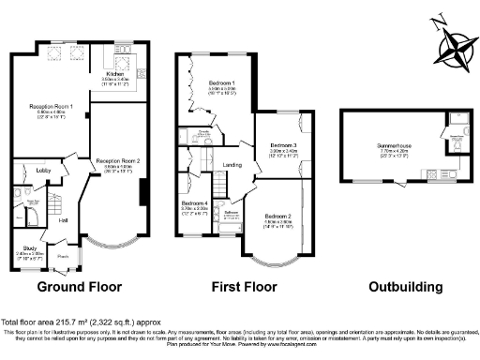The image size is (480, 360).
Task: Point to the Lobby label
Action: [x=43, y=171]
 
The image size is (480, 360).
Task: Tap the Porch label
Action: [x=64, y=255]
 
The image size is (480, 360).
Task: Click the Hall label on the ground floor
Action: [x=64, y=220]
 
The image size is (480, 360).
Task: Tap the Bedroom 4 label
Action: [x=194, y=203]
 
